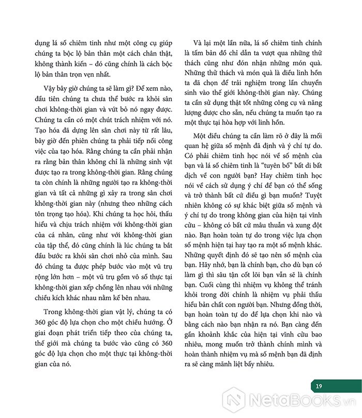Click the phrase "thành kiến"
click(47, 65)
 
